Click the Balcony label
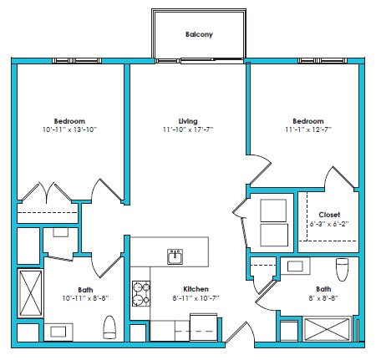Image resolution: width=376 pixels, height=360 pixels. pos(199,34)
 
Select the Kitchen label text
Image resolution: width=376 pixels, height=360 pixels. pos(196,286)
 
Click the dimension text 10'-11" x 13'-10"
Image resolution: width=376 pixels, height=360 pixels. pos(69,130)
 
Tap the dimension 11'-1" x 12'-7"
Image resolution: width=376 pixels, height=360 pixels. pos(307,130)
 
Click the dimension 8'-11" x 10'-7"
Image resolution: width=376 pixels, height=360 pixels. pos(196,297)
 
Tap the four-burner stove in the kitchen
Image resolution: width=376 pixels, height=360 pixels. pos(140,292)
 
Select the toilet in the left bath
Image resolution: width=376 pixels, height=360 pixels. pos(108,327)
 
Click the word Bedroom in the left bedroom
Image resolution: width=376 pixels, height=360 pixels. pos(69,121)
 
